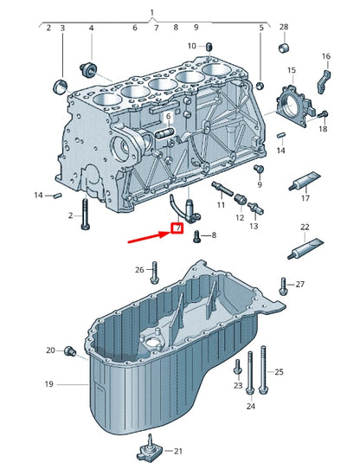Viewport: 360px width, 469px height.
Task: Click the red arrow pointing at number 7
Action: click(147, 236)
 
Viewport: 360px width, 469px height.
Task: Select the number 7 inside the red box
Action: click(177, 229)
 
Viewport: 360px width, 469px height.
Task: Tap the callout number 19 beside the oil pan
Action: click(49, 383)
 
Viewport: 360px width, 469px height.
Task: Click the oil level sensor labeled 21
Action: click(148, 448)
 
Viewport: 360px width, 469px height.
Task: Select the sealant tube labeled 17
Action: click(306, 183)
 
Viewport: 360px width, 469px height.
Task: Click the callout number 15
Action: click(292, 69)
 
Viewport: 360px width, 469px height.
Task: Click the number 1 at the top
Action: click(152, 13)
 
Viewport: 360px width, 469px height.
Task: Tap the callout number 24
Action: click(250, 406)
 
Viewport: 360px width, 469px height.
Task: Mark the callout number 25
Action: click(280, 371)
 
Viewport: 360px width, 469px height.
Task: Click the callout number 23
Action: click(237, 386)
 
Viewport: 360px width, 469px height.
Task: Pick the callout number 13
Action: click(254, 226)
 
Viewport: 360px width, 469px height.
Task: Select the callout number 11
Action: click(220, 206)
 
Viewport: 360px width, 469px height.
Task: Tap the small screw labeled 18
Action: click(324, 114)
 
